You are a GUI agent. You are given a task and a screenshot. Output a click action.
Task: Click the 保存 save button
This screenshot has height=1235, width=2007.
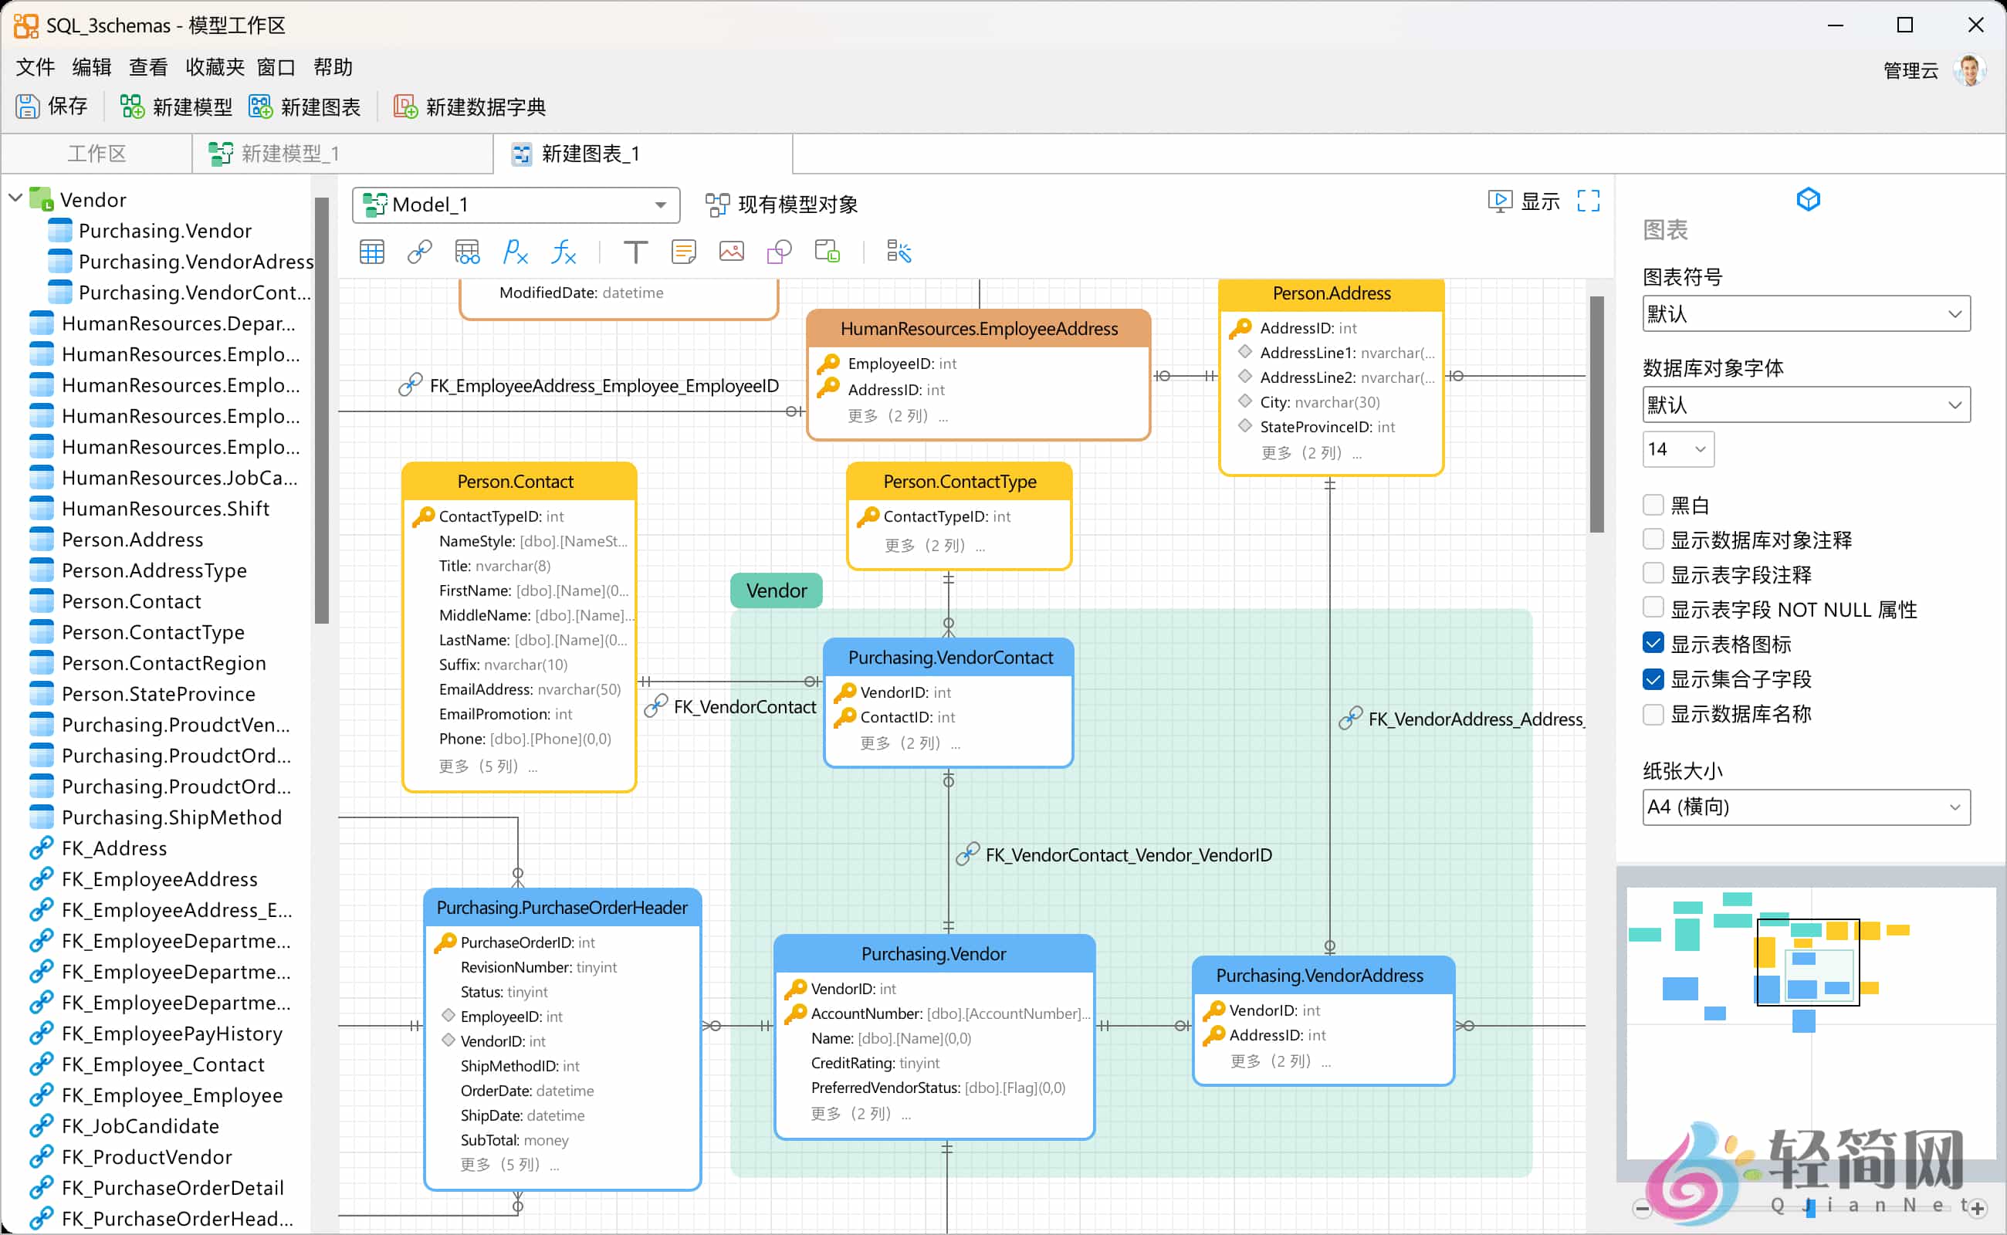[52, 107]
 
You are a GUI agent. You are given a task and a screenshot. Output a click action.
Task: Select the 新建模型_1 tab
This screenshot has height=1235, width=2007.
[289, 154]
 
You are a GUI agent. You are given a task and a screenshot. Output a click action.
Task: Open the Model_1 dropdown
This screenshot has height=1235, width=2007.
[516, 205]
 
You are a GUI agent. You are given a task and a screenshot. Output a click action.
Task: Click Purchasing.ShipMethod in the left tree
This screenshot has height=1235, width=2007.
[171, 817]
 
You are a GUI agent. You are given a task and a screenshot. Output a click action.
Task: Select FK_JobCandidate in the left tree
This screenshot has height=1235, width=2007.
[140, 1125]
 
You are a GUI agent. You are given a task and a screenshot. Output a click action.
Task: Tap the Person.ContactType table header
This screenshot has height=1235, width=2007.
[959, 482]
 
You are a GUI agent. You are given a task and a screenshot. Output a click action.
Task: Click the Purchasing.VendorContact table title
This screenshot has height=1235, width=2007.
[949, 658]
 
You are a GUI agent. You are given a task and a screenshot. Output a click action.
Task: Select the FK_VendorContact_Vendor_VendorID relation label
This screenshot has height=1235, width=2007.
[1127, 855]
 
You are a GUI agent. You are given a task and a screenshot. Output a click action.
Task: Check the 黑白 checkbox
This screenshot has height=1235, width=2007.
[1653, 505]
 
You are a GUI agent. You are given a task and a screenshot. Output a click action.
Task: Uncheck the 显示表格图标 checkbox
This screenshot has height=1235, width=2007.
[1653, 644]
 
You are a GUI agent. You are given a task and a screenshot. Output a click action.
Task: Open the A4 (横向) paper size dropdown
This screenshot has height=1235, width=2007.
[1806, 807]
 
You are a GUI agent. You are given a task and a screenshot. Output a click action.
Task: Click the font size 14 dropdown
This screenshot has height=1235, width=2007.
[1677, 449]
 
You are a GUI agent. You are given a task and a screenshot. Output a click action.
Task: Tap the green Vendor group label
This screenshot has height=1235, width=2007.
[776, 590]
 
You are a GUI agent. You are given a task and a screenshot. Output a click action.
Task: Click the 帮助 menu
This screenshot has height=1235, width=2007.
[333, 67]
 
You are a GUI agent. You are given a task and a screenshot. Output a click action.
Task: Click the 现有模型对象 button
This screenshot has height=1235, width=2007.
[782, 205]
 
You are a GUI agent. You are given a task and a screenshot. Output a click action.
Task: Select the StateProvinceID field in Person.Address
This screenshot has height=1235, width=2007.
[1327, 426]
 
